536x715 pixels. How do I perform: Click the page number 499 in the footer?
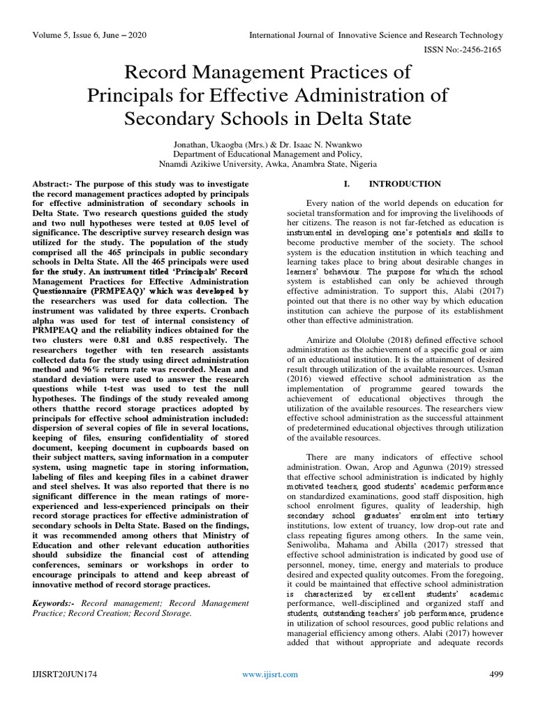[493, 674]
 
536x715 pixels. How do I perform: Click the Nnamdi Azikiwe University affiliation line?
[267, 164]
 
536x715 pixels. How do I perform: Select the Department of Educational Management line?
[267, 154]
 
